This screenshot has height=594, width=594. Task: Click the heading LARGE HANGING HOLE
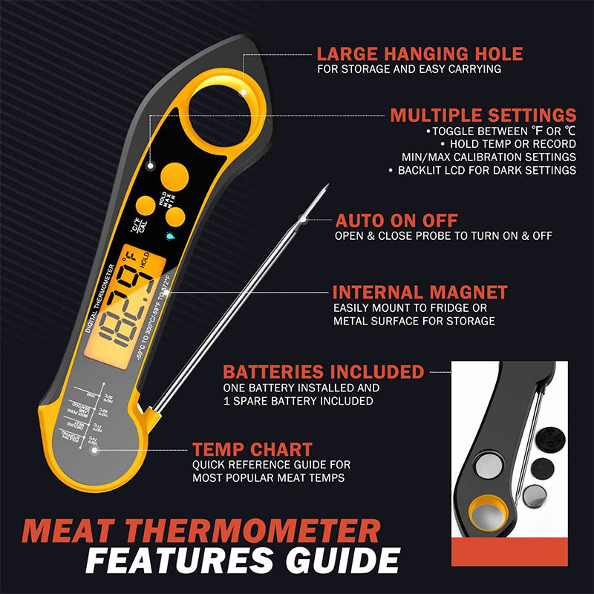point(420,53)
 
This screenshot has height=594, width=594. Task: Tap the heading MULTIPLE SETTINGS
point(483,115)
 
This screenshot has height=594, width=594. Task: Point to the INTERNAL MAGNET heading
point(420,292)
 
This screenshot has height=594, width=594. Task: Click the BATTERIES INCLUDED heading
point(323,371)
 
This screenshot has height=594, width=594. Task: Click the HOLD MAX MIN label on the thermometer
point(163,198)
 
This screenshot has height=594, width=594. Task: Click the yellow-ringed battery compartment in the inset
point(487,514)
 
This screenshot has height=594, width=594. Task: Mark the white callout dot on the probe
point(302,218)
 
